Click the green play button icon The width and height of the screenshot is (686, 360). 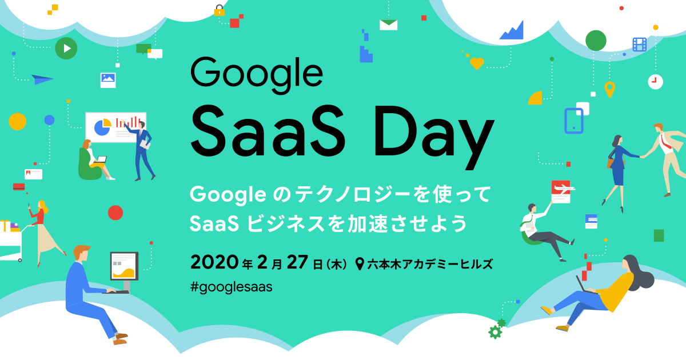tap(66, 48)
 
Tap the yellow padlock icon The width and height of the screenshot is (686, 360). tap(220, 10)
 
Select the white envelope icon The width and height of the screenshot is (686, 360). tap(388, 25)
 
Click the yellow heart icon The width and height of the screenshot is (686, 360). tap(477, 63)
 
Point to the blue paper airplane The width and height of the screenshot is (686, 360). tap(42, 79)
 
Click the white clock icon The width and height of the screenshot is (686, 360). tap(655, 82)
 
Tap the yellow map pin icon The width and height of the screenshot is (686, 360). tap(610, 89)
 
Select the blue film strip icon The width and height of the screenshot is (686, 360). tap(640, 45)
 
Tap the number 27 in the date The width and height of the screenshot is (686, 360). tap(297, 262)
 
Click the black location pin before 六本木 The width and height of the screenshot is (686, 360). tap(360, 264)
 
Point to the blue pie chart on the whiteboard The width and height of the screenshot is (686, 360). tap(102, 127)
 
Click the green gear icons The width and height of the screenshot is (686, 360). tap(497, 329)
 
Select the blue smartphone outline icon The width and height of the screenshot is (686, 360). tap(573, 121)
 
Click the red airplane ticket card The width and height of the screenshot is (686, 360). tap(561, 191)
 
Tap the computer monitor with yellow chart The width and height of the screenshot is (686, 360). tap(125, 266)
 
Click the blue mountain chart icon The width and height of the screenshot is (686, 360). tap(512, 30)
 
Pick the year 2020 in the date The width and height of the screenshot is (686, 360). tap(214, 262)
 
